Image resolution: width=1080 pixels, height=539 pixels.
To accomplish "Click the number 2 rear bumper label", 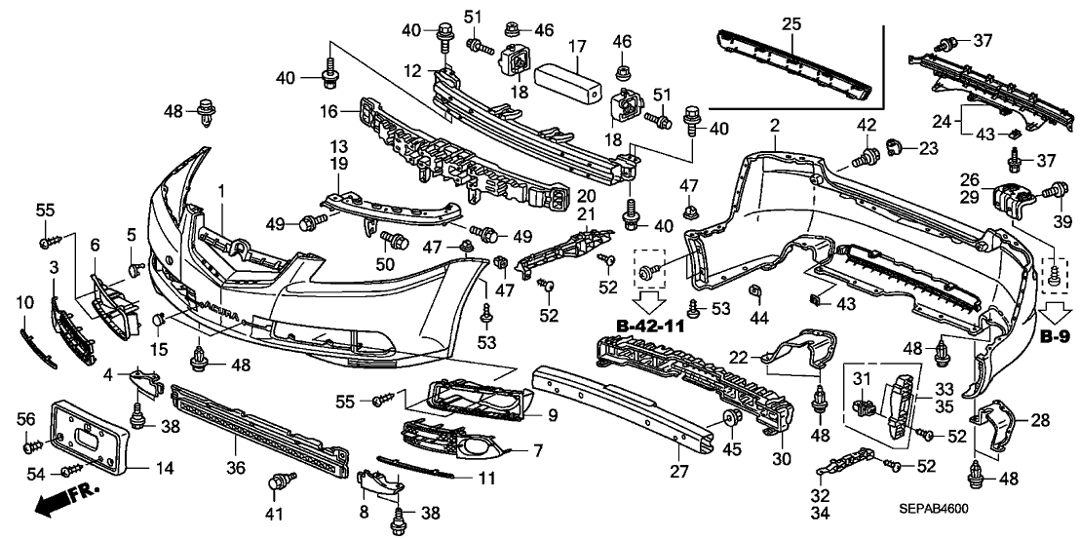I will pos(775,126).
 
